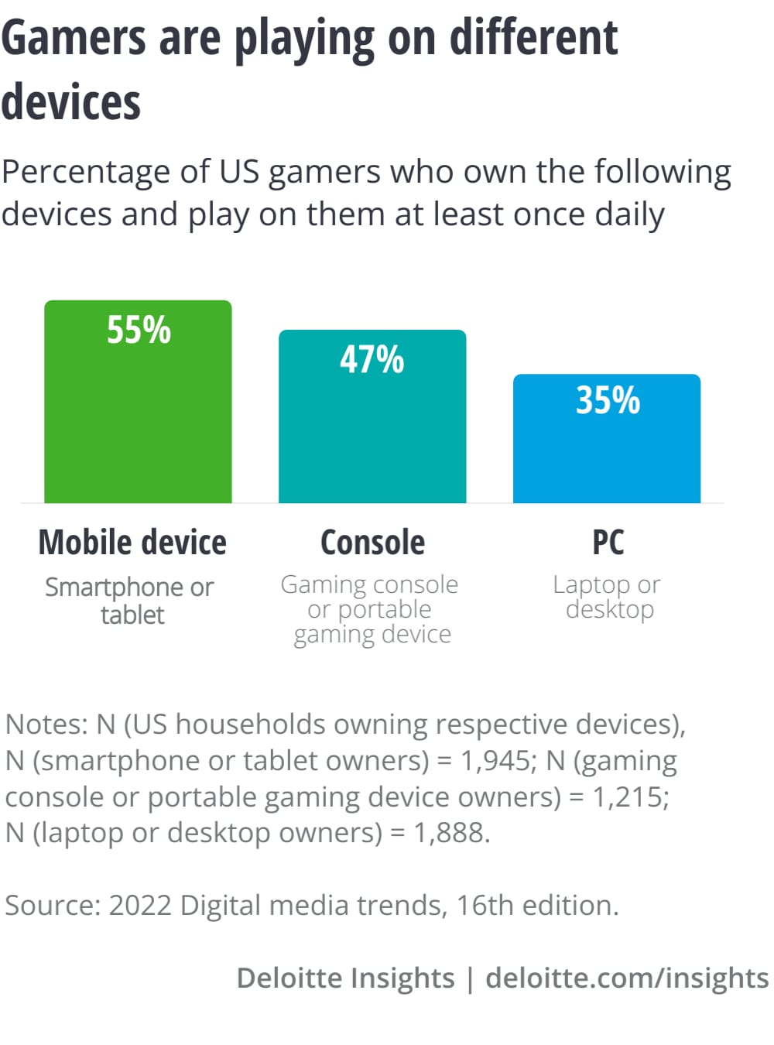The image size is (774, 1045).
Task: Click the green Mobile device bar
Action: (x=138, y=418)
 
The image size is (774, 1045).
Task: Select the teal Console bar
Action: (x=372, y=433)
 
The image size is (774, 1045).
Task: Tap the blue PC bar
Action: (x=607, y=457)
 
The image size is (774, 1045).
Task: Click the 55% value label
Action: (x=139, y=330)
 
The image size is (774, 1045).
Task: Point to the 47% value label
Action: (x=372, y=360)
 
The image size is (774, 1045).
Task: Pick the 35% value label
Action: (x=608, y=401)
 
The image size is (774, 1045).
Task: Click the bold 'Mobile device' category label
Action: (x=132, y=543)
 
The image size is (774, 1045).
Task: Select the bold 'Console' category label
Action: (x=372, y=543)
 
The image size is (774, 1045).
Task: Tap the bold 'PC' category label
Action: (x=608, y=543)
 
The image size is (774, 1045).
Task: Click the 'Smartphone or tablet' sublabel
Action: (x=130, y=601)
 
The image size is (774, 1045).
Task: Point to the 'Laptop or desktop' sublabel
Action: (x=608, y=597)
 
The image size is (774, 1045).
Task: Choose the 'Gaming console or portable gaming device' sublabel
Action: (x=370, y=609)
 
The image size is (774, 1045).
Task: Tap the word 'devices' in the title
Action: (x=71, y=102)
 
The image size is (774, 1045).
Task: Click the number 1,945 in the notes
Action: (x=495, y=761)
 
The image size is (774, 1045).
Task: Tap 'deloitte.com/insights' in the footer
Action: (x=627, y=978)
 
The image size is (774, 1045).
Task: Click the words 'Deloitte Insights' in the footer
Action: (x=345, y=978)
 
